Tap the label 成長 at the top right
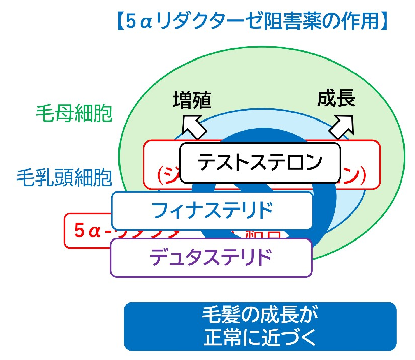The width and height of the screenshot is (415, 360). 336,98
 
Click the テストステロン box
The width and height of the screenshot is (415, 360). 260,162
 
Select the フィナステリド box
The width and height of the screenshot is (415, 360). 211,209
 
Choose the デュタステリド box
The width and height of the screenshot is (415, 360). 211,257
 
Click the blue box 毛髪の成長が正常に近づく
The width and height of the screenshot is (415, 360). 260,326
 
